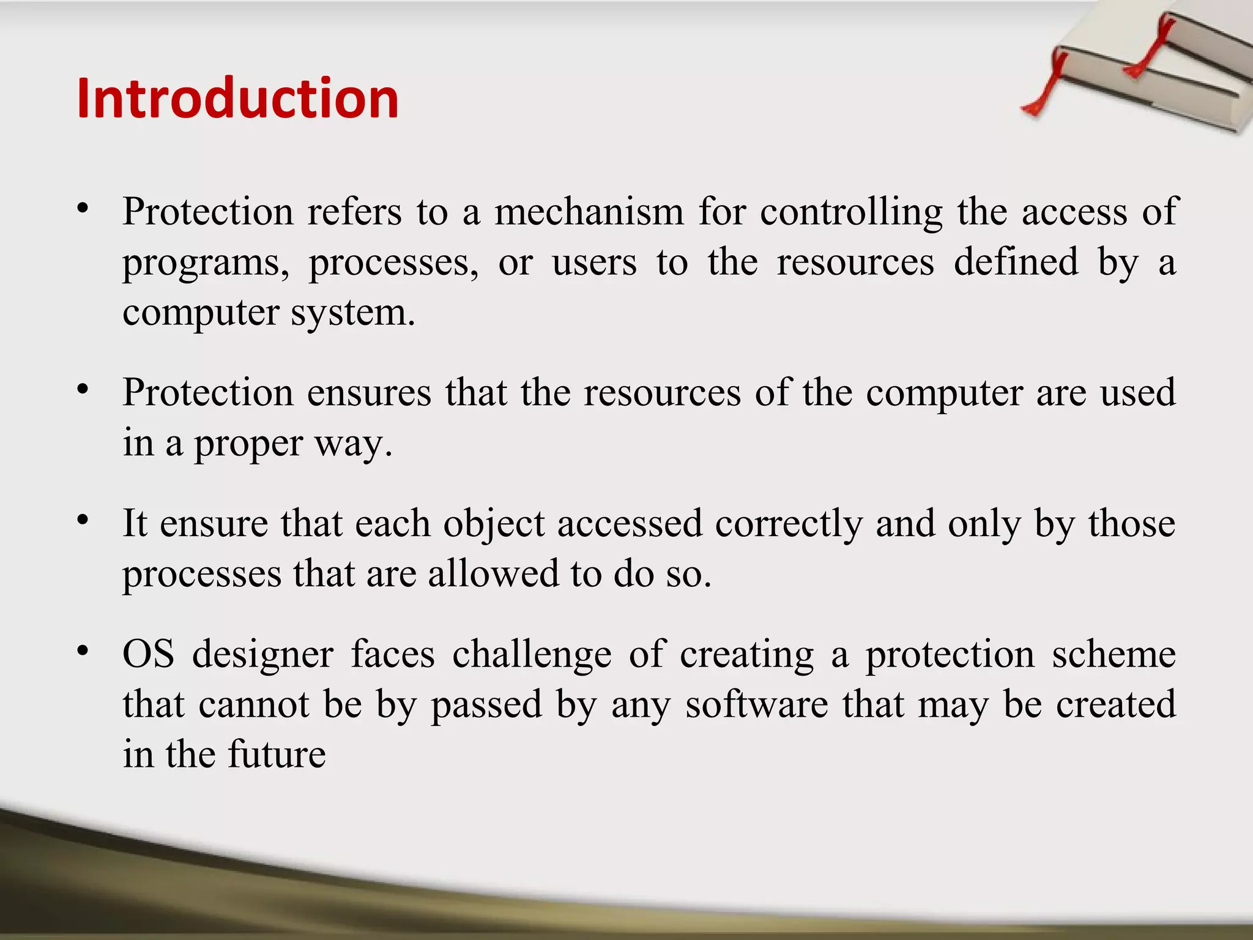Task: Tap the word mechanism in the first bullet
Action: (x=589, y=212)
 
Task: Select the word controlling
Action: (x=851, y=212)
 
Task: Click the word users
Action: (x=594, y=263)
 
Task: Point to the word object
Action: (x=494, y=525)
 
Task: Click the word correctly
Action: (x=789, y=525)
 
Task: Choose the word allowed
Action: (x=493, y=575)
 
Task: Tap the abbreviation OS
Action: (x=148, y=654)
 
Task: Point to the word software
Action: (x=756, y=704)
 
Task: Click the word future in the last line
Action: (x=277, y=755)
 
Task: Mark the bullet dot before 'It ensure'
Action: (x=83, y=520)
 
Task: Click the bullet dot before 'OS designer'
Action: (x=83, y=650)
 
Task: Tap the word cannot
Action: (x=254, y=704)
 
